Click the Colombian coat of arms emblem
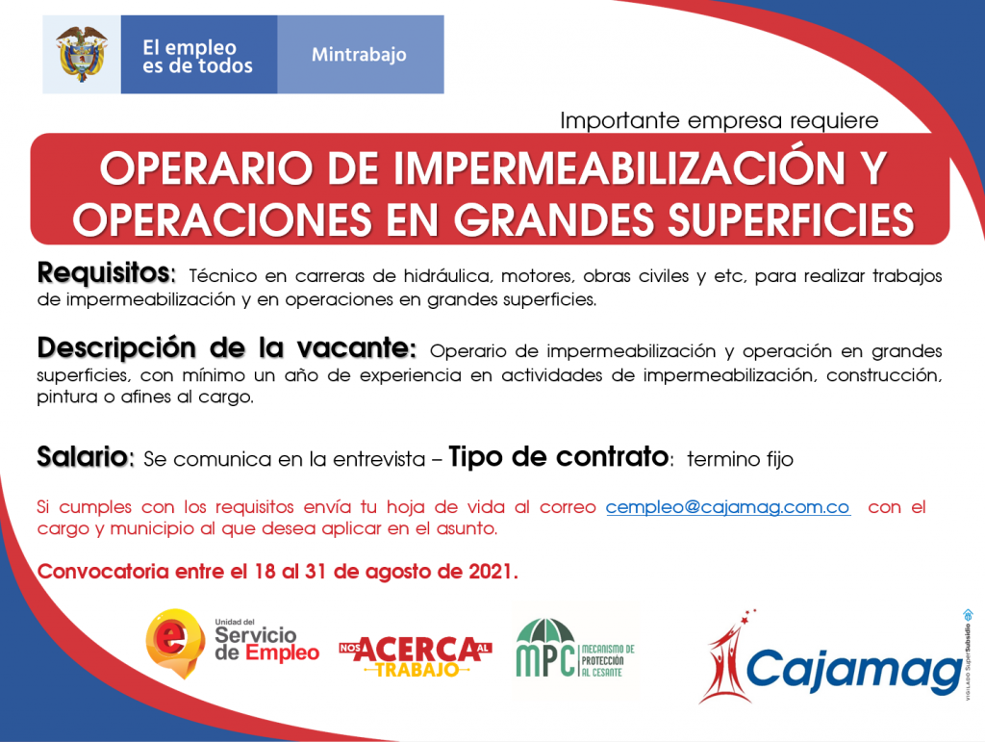tap(81, 54)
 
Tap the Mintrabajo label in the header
tap(359, 55)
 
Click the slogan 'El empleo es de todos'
tap(197, 57)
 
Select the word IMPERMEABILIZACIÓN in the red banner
tap(619, 168)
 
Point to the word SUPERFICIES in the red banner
tap(791, 219)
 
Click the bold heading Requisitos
tap(106, 273)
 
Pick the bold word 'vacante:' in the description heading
tap(356, 347)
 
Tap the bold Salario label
tap(86, 457)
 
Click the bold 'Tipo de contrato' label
tap(560, 457)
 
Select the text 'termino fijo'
tap(740, 459)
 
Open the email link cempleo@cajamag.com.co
tap(728, 507)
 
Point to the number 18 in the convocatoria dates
tap(265, 572)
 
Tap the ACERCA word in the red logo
tap(416, 650)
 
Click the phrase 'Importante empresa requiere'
tap(720, 120)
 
